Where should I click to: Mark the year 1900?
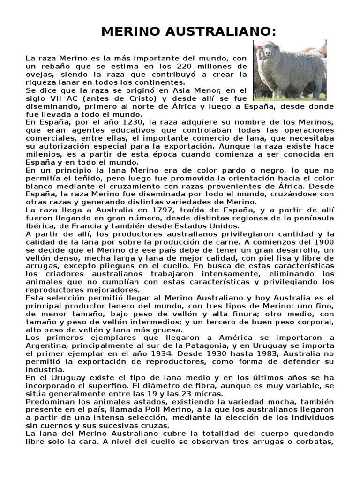(x=324, y=242)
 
